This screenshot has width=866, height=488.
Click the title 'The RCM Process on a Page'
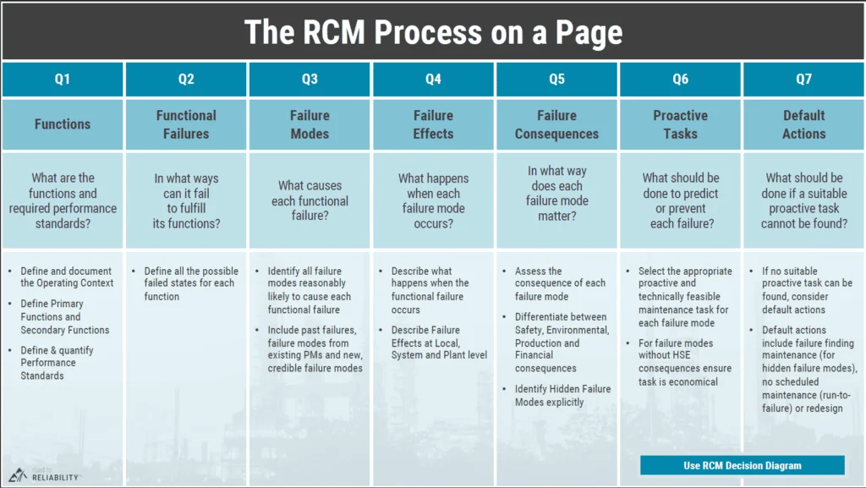(x=433, y=32)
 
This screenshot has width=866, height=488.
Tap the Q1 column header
(x=63, y=80)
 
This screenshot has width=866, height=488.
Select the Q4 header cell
(x=433, y=80)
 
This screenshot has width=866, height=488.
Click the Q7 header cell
(x=803, y=80)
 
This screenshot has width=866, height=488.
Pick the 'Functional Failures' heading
(x=186, y=124)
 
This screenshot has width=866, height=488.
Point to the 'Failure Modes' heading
(x=310, y=124)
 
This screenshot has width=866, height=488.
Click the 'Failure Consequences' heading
(x=556, y=124)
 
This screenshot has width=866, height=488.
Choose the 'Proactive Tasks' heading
(x=680, y=124)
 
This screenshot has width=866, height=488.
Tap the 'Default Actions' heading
(x=803, y=124)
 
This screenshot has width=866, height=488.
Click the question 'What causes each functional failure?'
(x=310, y=201)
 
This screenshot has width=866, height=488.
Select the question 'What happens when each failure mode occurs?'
(x=433, y=201)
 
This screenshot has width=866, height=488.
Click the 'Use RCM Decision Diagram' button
(x=742, y=465)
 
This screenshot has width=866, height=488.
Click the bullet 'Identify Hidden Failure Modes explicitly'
(x=562, y=396)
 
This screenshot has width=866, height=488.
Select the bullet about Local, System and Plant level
(x=438, y=343)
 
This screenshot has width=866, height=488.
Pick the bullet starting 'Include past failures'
(x=315, y=348)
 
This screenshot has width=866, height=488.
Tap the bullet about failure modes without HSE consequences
(x=685, y=362)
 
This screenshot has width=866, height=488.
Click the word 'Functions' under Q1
(x=63, y=124)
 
